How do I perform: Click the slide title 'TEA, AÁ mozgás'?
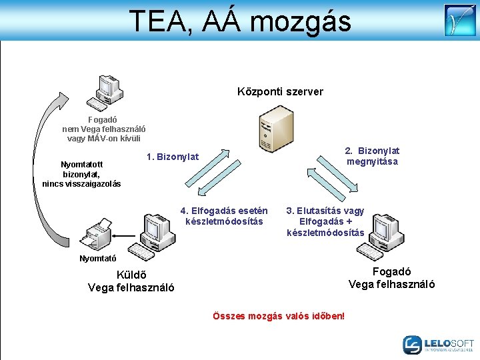pos(239,21)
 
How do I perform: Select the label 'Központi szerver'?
pos(280,91)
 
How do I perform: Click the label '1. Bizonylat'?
pos(172,157)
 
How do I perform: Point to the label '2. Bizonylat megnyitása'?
pos(372,157)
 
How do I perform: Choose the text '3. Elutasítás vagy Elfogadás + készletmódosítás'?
pos(325,221)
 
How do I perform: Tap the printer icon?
pos(98,234)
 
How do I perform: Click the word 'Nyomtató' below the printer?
pos(98,258)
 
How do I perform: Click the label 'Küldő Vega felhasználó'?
pos(131,281)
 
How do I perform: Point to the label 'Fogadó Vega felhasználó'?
pos(391,278)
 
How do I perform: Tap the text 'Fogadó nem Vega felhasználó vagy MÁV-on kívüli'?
pos(104,129)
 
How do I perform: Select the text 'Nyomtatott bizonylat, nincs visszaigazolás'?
pos(81,174)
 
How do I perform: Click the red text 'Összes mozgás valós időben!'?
pos(278,315)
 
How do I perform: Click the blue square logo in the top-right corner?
pos(460,20)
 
